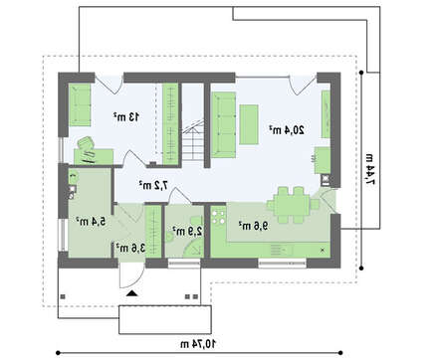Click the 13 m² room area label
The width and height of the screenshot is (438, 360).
point(126,117)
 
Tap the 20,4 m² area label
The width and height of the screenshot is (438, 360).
point(287,130)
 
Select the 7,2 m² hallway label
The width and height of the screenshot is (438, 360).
point(153,185)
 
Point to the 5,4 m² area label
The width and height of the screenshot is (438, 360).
point(91,221)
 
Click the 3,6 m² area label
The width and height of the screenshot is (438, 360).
point(130,248)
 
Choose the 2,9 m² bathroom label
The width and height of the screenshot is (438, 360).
point(187,231)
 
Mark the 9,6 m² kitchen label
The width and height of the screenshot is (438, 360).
point(253,226)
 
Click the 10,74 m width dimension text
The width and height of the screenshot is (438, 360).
point(198,344)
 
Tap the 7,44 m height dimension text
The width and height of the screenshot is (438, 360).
point(370,169)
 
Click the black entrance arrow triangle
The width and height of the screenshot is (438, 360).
point(132,293)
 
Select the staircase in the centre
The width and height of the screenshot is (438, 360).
point(193,140)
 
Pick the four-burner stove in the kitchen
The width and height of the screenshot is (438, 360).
point(218,216)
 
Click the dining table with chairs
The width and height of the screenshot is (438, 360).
point(293,205)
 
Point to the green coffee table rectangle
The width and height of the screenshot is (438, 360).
point(249,124)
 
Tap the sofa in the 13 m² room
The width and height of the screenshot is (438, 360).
point(80,104)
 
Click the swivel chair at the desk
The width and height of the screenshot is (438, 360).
point(86,144)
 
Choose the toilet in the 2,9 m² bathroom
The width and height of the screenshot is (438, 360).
point(197,222)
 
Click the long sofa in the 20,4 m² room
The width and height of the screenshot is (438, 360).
point(224,125)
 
